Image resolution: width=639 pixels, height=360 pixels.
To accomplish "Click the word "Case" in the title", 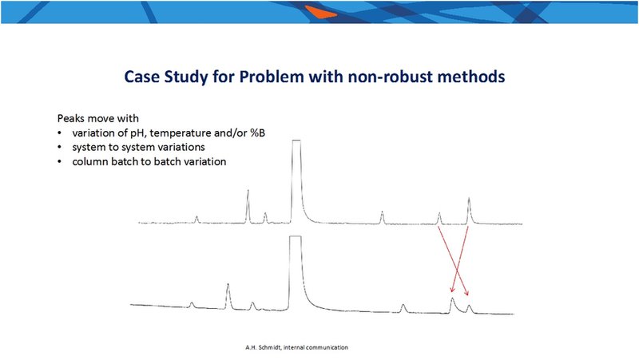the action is pos(142,77).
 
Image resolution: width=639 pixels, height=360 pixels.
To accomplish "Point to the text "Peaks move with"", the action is pos(97,118).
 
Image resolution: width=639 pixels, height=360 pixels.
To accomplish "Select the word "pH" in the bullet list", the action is pos(138,133).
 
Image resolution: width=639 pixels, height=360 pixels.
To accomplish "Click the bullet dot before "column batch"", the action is pos(60,162).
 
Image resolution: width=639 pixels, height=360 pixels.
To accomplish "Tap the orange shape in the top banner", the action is pos(320,12).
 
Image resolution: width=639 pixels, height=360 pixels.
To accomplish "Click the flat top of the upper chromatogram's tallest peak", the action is pos(296,140).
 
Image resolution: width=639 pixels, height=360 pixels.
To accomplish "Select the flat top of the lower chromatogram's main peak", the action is pos(296,236).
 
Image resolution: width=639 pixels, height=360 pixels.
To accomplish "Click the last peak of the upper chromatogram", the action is pos(469,211).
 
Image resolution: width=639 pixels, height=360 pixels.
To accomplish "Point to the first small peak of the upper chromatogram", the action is pos(196,220).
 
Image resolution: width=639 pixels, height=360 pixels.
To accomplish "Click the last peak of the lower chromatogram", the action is pos(470,309).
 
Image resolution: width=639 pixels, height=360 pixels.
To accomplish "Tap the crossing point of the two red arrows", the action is pos(456,270).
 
